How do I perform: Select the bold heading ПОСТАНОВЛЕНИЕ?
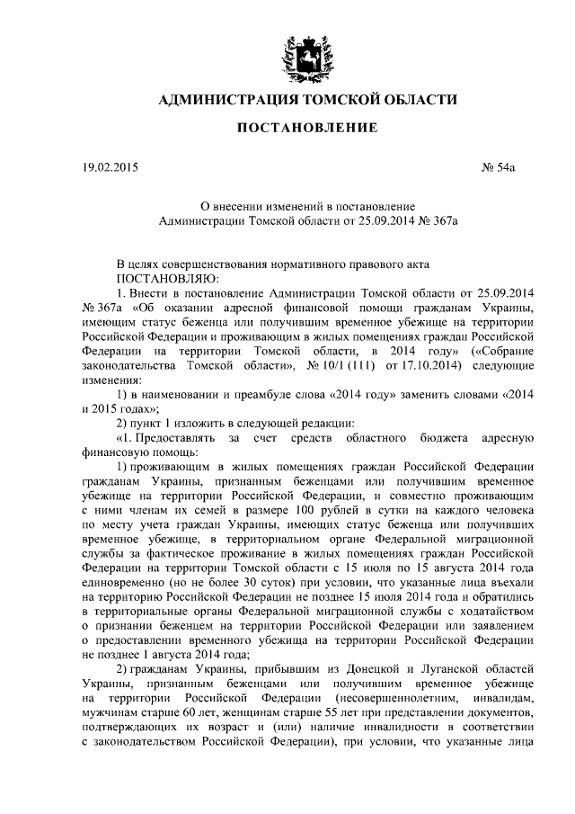coord(306,129)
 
